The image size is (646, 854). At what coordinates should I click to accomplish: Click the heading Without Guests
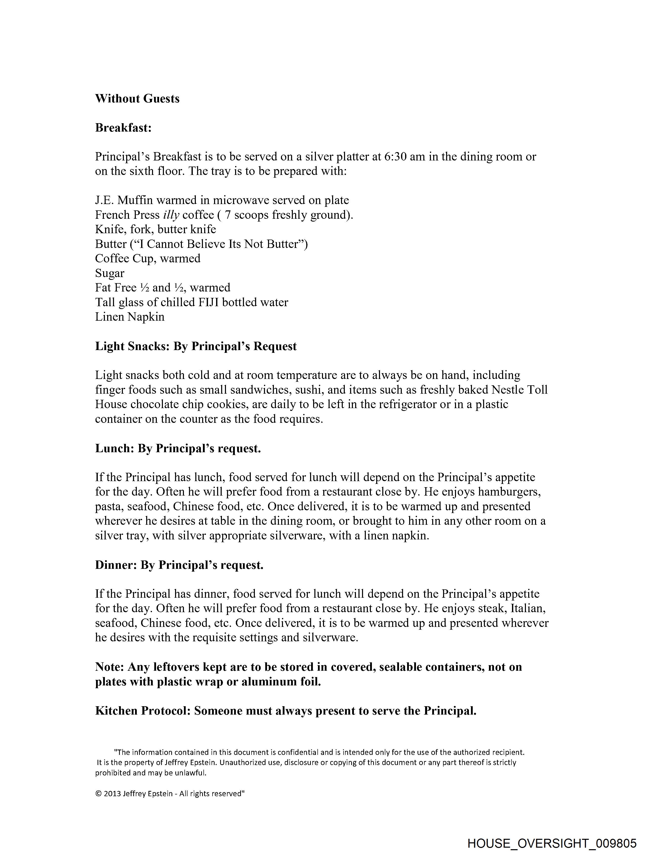point(137,99)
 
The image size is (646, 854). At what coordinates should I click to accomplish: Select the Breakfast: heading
point(123,128)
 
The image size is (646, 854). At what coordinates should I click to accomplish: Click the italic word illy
point(171,215)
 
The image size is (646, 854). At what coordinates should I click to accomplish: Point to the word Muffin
point(135,200)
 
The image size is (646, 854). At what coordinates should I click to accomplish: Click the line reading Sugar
point(110,273)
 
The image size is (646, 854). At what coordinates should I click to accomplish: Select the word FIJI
point(208,302)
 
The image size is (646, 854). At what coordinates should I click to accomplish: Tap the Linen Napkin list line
point(130,317)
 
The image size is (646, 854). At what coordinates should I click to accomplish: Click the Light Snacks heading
point(196,346)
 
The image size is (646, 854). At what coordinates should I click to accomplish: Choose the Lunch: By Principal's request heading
point(178,449)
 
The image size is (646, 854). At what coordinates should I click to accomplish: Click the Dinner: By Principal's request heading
point(179,565)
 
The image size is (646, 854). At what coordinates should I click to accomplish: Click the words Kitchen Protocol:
point(143,711)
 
